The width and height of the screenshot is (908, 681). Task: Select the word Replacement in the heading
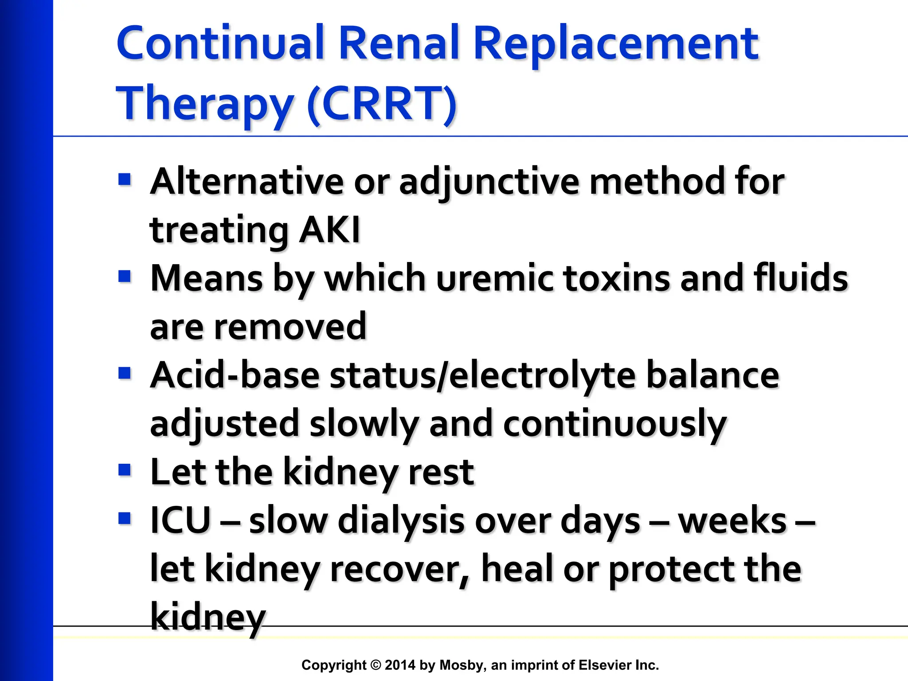tap(616, 44)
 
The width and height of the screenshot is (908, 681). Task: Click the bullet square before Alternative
tap(125, 180)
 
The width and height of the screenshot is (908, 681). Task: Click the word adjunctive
tap(489, 182)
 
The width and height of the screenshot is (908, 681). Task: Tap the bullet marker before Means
tap(125, 277)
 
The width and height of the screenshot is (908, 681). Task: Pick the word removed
tap(290, 327)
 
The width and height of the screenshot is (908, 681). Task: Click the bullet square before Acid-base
tap(125, 374)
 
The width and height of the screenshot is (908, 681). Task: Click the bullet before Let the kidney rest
tap(125, 470)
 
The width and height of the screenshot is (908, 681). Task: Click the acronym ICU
tap(180, 520)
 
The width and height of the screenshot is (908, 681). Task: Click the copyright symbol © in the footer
tap(376, 665)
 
